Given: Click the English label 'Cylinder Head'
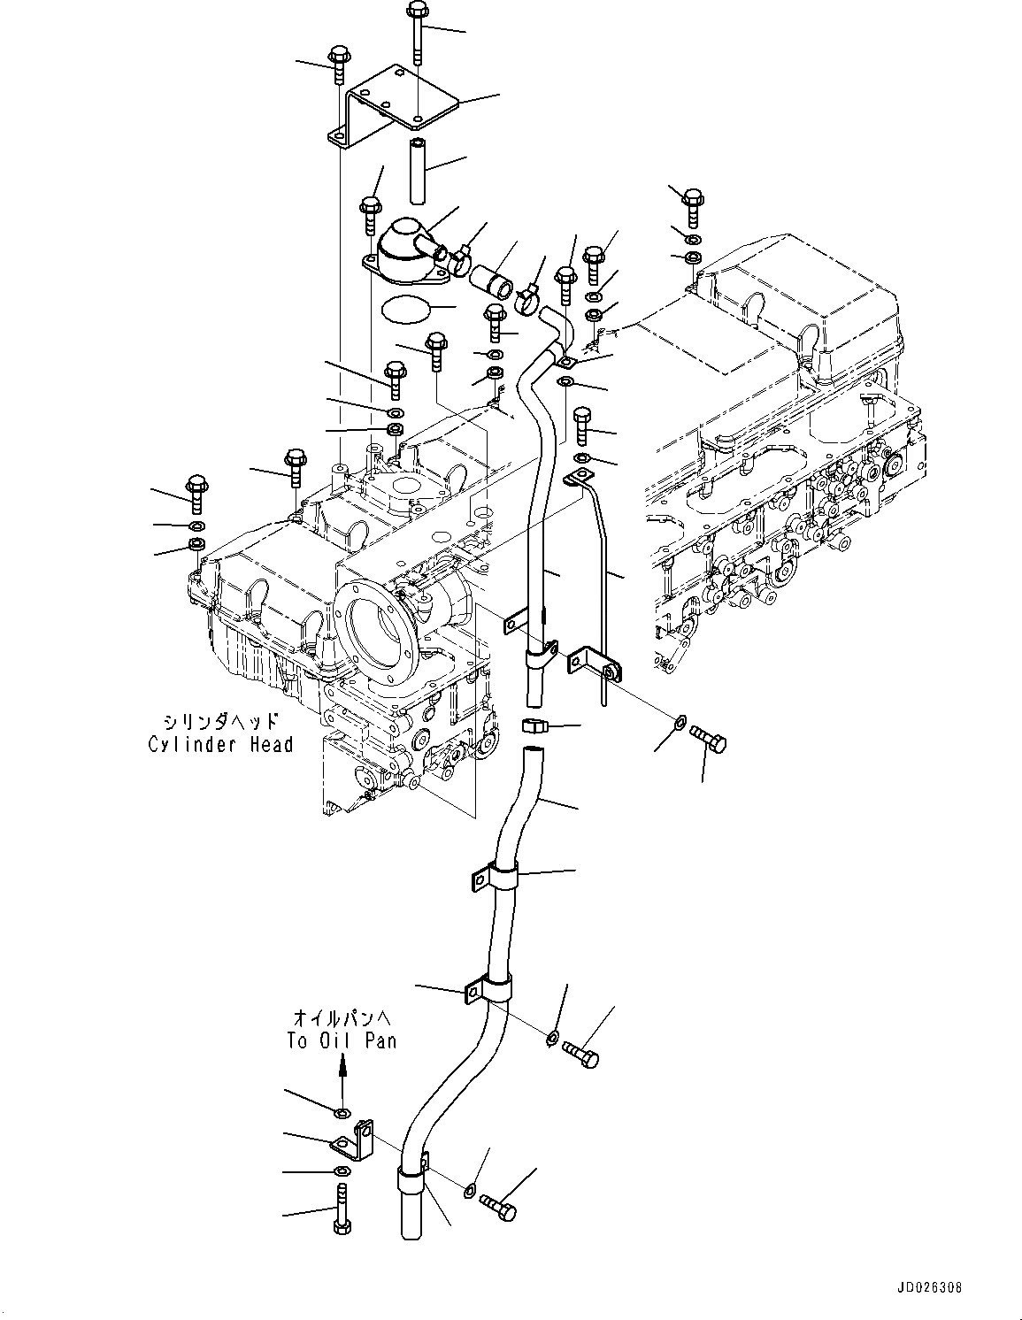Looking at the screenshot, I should tap(220, 744).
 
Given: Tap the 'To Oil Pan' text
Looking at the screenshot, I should tap(342, 1040).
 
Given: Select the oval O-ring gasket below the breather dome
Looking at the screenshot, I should tap(405, 310).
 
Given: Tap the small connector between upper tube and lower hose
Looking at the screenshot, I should tap(534, 728).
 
